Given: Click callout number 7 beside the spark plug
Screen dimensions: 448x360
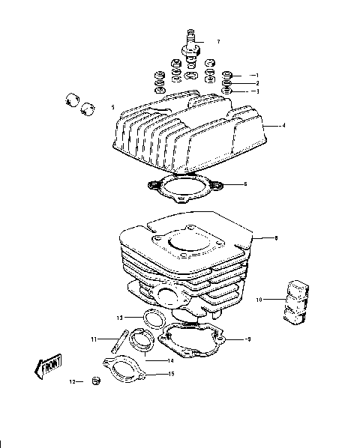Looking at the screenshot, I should [x=218, y=41].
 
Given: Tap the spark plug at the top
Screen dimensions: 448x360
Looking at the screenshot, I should [x=191, y=46].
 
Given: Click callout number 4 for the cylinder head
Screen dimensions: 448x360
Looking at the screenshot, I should [x=283, y=126].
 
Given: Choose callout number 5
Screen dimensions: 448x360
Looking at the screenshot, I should [x=113, y=106].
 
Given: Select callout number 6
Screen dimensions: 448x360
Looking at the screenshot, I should [x=244, y=184].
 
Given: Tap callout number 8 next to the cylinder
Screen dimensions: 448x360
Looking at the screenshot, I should [x=276, y=238].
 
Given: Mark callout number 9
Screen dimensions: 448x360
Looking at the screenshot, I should [x=248, y=339].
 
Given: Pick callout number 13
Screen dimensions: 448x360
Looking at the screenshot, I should [x=119, y=318].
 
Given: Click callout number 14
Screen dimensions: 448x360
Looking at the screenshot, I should [x=170, y=360].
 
